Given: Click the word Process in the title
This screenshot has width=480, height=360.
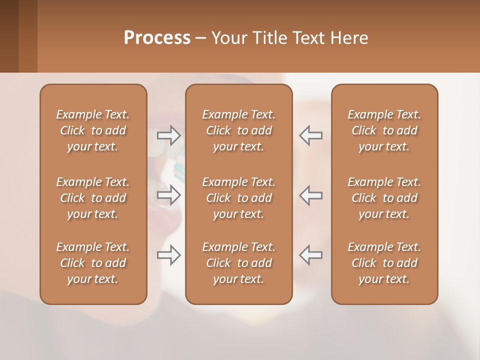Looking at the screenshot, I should pos(157,38).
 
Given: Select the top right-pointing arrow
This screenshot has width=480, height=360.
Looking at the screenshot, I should pos(168,135).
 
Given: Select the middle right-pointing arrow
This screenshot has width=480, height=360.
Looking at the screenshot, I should pos(168,195).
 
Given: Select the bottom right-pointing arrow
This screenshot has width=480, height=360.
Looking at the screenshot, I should pos(168,255).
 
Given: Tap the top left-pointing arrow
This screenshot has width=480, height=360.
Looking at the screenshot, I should pos(310,135).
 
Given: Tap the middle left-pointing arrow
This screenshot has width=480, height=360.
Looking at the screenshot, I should pos(310,195).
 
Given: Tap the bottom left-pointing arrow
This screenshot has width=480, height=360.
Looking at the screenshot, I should pos(310,255).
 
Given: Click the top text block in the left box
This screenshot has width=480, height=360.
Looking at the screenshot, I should pos(93,130).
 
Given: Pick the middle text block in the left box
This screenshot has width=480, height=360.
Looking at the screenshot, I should pos(93,198).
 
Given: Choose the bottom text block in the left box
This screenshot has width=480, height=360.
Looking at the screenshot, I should pos(93,263).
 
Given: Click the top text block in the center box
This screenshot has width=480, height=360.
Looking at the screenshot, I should pos(239,130).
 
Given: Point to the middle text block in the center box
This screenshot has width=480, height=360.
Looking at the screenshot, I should pos(239,198).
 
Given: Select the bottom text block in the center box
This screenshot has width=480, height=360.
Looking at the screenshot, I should pos(239,263).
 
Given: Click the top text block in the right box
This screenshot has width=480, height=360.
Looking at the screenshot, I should pos(384,130).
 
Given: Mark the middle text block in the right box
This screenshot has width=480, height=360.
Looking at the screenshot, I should pos(384,198).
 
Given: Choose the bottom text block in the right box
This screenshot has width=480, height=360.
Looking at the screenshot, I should pos(384,263).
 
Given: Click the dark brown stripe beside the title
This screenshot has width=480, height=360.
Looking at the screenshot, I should pos(9,36).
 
